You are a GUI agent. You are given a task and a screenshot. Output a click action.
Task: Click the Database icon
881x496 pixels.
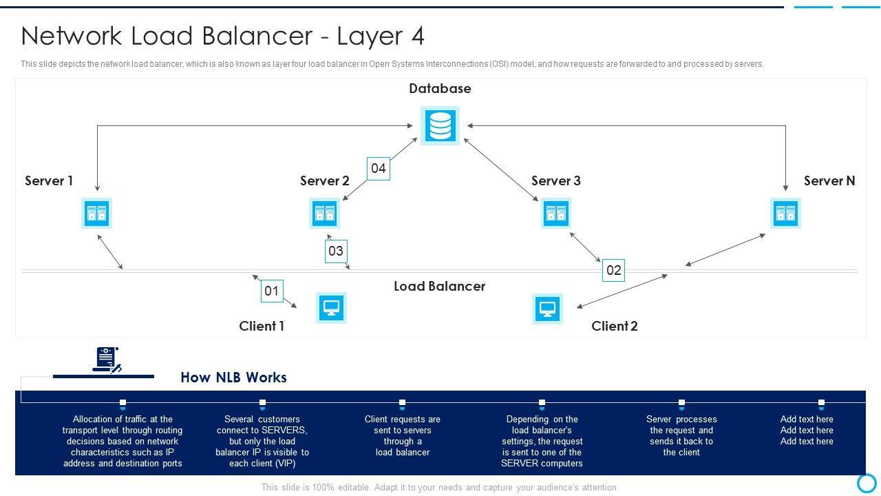[440, 126]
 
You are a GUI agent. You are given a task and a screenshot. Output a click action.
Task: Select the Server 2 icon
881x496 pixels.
[324, 214]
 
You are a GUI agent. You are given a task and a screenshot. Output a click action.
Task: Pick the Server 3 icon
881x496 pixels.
[555, 214]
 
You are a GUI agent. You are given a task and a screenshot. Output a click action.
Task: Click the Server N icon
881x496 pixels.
[785, 214]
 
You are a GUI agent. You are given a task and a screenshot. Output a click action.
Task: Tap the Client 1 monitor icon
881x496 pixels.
[331, 308]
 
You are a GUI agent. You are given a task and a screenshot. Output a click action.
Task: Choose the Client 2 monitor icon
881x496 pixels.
[548, 309]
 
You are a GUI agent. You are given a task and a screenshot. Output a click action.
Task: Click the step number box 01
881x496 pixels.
[272, 291]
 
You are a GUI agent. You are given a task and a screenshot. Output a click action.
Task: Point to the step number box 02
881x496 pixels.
[613, 270]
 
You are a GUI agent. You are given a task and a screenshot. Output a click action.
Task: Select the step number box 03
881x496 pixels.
[335, 251]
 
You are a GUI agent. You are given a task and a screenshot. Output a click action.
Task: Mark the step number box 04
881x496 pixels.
[379, 168]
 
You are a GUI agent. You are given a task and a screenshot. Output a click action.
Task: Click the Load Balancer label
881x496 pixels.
[439, 286]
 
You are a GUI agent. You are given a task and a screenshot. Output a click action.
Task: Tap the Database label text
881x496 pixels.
[440, 88]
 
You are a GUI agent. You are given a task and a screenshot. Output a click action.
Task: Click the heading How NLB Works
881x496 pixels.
[233, 378]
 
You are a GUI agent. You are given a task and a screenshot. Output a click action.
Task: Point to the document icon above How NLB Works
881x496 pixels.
[107, 360]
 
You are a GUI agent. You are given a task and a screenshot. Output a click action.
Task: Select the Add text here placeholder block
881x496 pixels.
[807, 430]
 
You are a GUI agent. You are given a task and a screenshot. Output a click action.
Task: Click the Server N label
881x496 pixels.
[829, 180]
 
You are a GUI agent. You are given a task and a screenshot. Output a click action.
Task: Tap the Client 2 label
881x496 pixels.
[615, 326]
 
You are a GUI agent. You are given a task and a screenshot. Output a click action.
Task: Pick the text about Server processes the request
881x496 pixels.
[681, 435]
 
